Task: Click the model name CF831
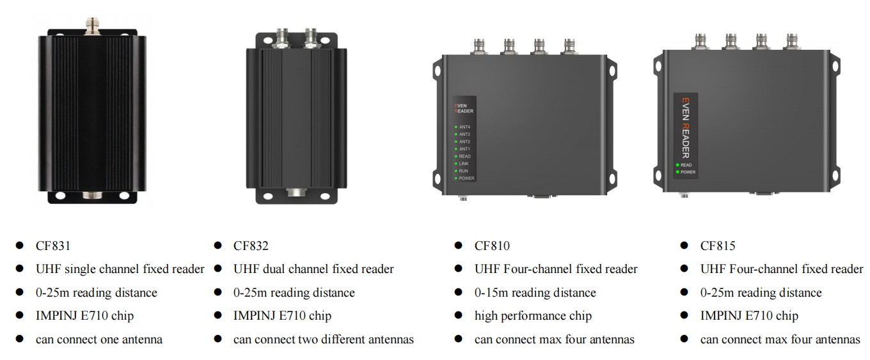[52, 246]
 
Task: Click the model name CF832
[251, 246]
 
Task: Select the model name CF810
[492, 246]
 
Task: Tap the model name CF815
[718, 246]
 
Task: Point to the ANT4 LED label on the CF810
[464, 127]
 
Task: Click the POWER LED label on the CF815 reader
[688, 172]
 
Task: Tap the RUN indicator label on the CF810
[463, 171]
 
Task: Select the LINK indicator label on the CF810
[464, 164]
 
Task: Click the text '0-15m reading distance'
[535, 293]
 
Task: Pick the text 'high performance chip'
[533, 316]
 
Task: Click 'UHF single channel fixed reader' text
[120, 269]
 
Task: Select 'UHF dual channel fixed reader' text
[313, 269]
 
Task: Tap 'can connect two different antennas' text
[323, 340]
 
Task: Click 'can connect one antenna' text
[99, 340]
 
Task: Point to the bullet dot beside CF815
[684, 246]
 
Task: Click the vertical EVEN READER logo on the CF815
[685, 127]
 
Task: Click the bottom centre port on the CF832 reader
[296, 192]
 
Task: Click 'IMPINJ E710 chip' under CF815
[749, 316]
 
